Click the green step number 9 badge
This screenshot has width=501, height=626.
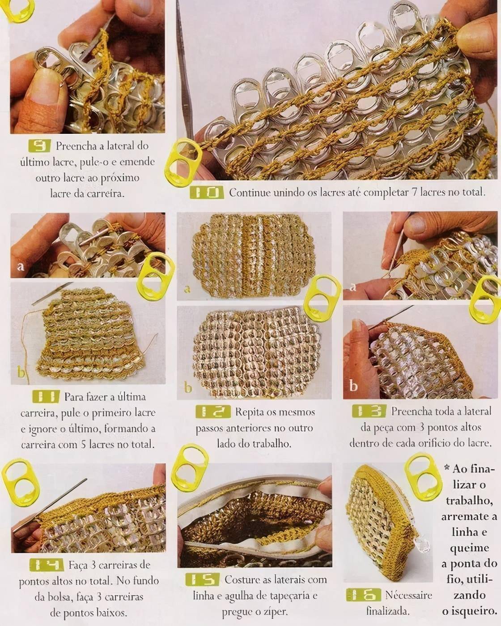(40, 146)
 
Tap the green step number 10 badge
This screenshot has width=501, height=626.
(207, 193)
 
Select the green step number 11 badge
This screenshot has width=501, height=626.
(46, 397)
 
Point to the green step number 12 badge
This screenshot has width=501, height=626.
(213, 412)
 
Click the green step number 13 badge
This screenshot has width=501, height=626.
(369, 411)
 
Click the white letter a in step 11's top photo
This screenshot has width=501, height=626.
(20, 267)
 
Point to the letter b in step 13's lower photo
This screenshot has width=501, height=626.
(353, 386)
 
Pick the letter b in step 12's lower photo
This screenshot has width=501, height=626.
(188, 387)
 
